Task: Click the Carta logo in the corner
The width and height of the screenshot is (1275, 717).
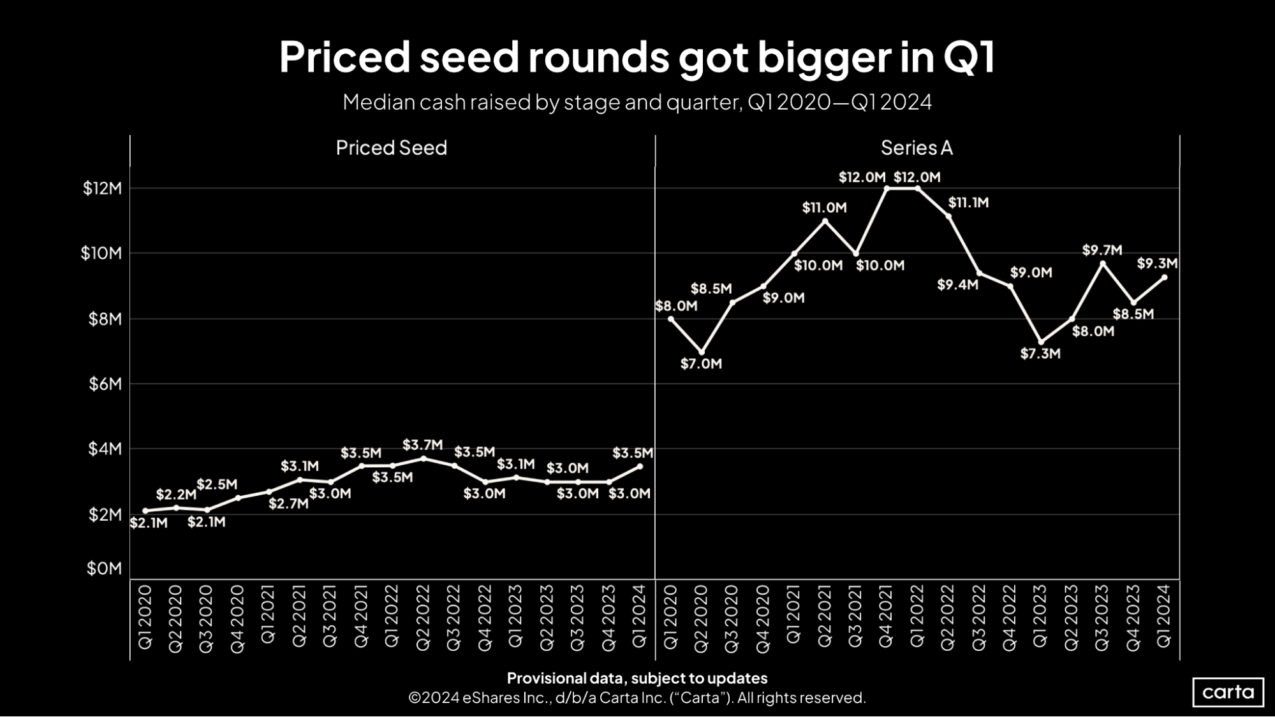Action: (1228, 692)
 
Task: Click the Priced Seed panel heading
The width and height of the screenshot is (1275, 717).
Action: (391, 148)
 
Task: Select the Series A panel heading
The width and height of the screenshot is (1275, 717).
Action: (917, 148)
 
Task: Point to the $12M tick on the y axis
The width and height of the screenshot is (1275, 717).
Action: (102, 188)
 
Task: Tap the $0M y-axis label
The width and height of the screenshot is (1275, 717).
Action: (104, 568)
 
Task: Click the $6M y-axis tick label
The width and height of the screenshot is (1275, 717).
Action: (105, 384)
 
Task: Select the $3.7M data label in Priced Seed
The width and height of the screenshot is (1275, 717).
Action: (422, 444)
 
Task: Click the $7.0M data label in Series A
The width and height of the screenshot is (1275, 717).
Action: (701, 364)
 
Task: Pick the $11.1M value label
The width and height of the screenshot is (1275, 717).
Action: (968, 203)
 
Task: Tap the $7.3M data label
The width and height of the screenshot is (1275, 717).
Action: (1040, 354)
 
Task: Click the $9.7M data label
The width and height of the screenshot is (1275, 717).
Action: (1102, 250)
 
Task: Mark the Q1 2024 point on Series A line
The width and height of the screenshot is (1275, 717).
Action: (1165, 277)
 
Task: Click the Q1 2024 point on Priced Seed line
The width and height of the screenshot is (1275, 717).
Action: (640, 467)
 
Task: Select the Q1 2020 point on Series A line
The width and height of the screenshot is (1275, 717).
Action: (670, 319)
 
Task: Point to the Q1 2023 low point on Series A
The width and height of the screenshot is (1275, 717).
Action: (1041, 342)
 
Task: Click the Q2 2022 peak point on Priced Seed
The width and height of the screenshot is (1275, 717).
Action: (424, 459)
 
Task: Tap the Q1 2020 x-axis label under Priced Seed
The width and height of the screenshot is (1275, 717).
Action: (145, 618)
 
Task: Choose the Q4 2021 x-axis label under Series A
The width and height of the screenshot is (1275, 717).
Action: (886, 618)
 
